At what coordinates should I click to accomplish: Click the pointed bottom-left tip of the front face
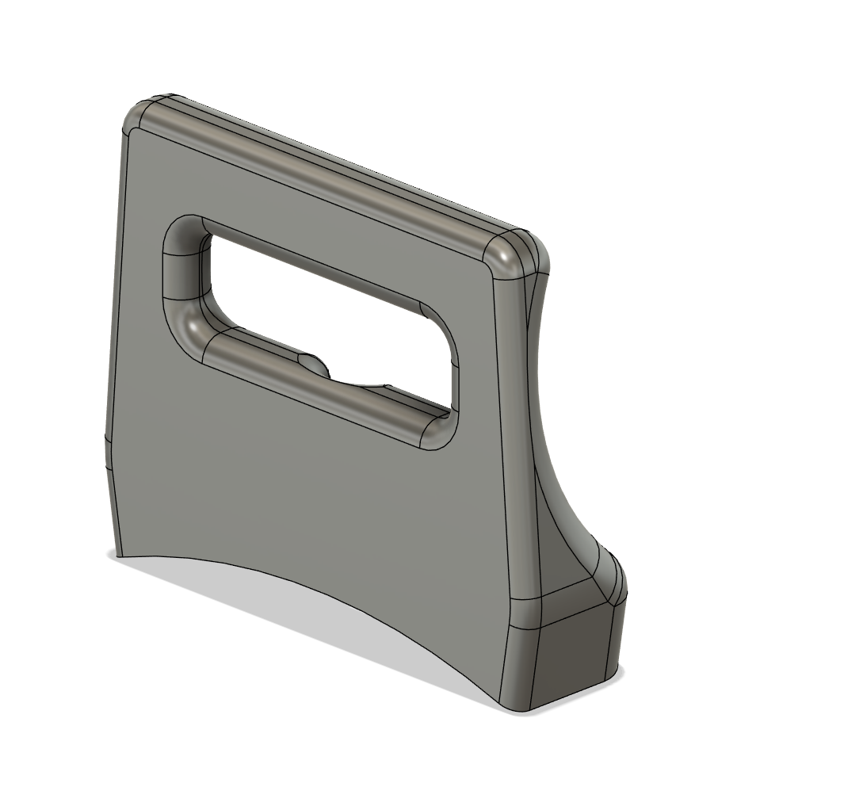[x=119, y=556]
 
